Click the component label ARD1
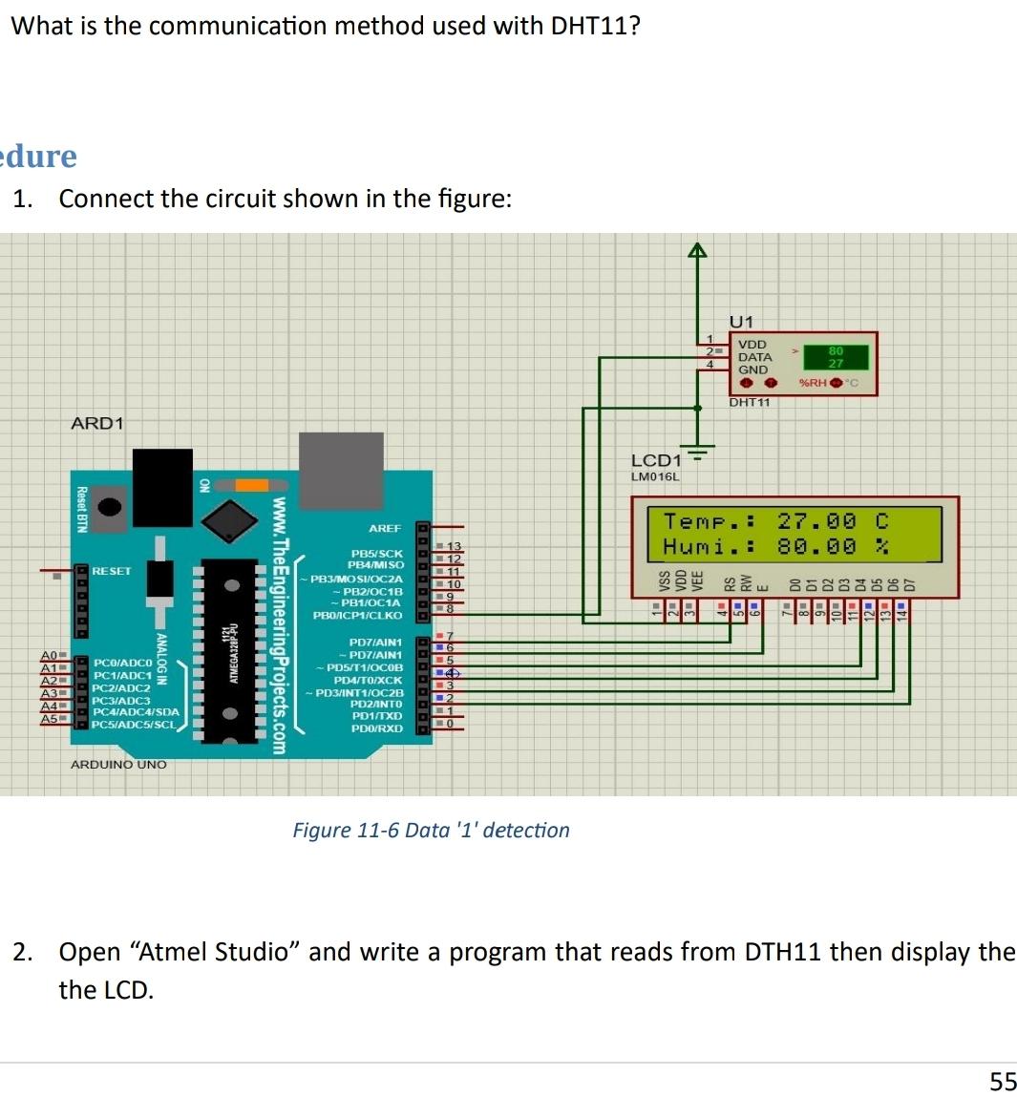(97, 423)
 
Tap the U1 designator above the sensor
(741, 322)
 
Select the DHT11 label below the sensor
(750, 402)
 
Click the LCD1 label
(656, 461)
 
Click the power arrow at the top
(698, 250)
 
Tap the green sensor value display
(836, 357)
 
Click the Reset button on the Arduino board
(111, 507)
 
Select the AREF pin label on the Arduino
(385, 528)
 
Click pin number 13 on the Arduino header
(455, 546)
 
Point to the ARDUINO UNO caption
(118, 765)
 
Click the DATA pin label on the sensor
(754, 357)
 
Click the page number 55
(1003, 1081)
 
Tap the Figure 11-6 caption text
(431, 830)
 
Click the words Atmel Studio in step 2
(214, 952)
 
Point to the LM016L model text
(655, 476)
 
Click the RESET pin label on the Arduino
(112, 571)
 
